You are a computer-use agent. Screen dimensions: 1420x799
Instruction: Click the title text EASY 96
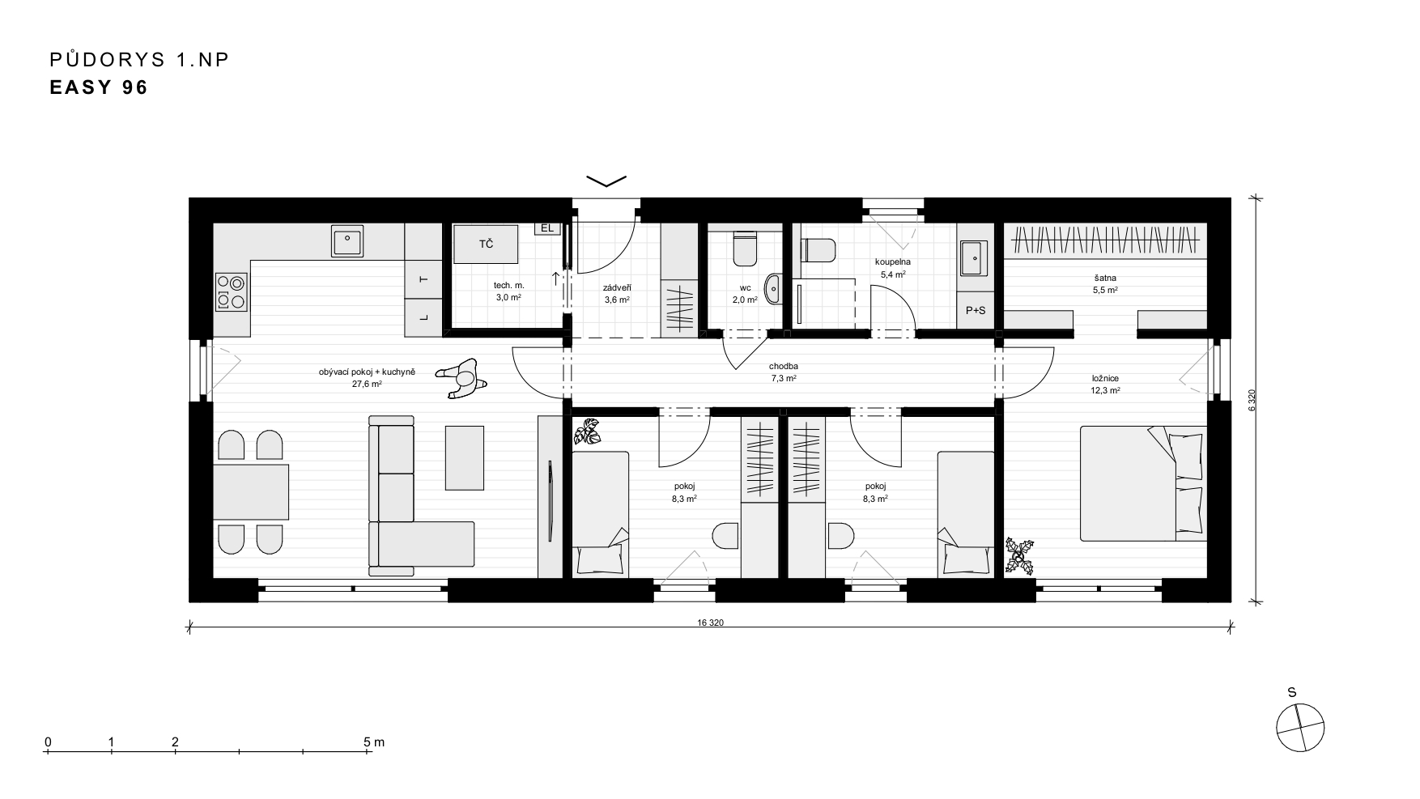pos(99,87)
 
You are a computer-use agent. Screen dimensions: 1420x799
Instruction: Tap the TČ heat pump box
pos(486,244)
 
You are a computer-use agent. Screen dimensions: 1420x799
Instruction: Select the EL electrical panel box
pos(547,228)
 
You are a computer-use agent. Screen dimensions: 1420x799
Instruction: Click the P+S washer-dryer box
pos(976,310)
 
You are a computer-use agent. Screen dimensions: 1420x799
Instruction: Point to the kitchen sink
pos(348,240)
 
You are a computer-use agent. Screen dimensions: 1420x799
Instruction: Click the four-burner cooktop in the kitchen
pos(231,292)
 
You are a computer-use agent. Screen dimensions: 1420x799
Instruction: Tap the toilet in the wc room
pos(745,249)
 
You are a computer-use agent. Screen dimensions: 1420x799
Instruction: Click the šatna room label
pos(1105,278)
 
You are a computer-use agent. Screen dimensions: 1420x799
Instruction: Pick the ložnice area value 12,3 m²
pos(1105,390)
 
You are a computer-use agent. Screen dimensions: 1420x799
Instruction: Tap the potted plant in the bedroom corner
pos(1020,556)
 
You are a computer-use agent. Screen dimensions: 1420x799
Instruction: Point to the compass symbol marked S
pos(1300,727)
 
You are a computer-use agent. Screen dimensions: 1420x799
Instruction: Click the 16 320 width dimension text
pos(709,623)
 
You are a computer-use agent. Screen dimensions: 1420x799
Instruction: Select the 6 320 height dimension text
pos(1252,401)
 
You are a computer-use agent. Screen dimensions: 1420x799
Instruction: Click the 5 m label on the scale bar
pos(373,742)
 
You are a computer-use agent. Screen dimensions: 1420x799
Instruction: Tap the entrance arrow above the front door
pos(606,181)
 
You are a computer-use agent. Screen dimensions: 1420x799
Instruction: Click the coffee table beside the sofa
pos(465,457)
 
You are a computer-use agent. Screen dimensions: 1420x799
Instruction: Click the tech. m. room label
pos(509,286)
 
